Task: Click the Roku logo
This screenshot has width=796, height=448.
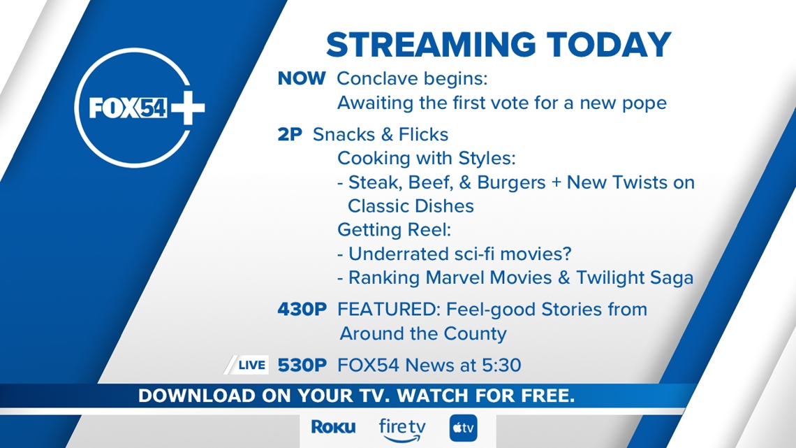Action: pyautogui.click(x=333, y=427)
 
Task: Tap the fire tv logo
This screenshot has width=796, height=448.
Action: pyautogui.click(x=402, y=430)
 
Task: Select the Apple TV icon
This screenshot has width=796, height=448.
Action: pyautogui.click(x=463, y=428)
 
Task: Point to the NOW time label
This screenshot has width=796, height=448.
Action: pyautogui.click(x=302, y=79)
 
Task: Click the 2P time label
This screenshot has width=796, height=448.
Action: pyautogui.click(x=290, y=135)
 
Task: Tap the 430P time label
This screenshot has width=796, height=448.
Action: pyautogui.click(x=302, y=310)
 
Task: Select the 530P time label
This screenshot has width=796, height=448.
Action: pyautogui.click(x=302, y=366)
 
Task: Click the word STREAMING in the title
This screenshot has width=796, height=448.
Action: pyautogui.click(x=431, y=45)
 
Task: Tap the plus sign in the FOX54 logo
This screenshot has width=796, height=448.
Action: pyautogui.click(x=187, y=108)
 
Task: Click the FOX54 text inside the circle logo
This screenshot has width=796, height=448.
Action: pyautogui.click(x=128, y=108)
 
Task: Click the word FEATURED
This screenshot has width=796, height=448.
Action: pyautogui.click(x=388, y=310)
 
